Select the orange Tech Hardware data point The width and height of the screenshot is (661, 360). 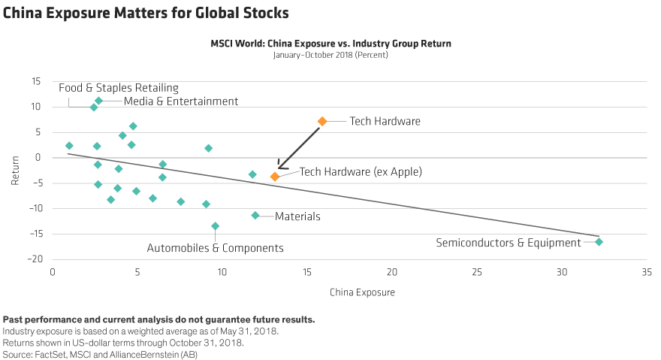click(x=322, y=121)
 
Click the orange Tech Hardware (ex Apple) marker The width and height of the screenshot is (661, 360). click(x=275, y=176)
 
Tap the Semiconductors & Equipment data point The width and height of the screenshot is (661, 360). click(x=599, y=241)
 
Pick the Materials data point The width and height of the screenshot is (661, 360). click(x=255, y=216)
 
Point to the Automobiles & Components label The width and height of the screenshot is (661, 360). click(x=215, y=247)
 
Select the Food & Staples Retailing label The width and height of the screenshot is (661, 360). click(x=119, y=87)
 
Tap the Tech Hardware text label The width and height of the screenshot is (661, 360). click(x=385, y=121)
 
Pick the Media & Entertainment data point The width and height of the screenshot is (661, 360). click(x=98, y=101)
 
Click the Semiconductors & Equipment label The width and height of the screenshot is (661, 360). click(x=509, y=243)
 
